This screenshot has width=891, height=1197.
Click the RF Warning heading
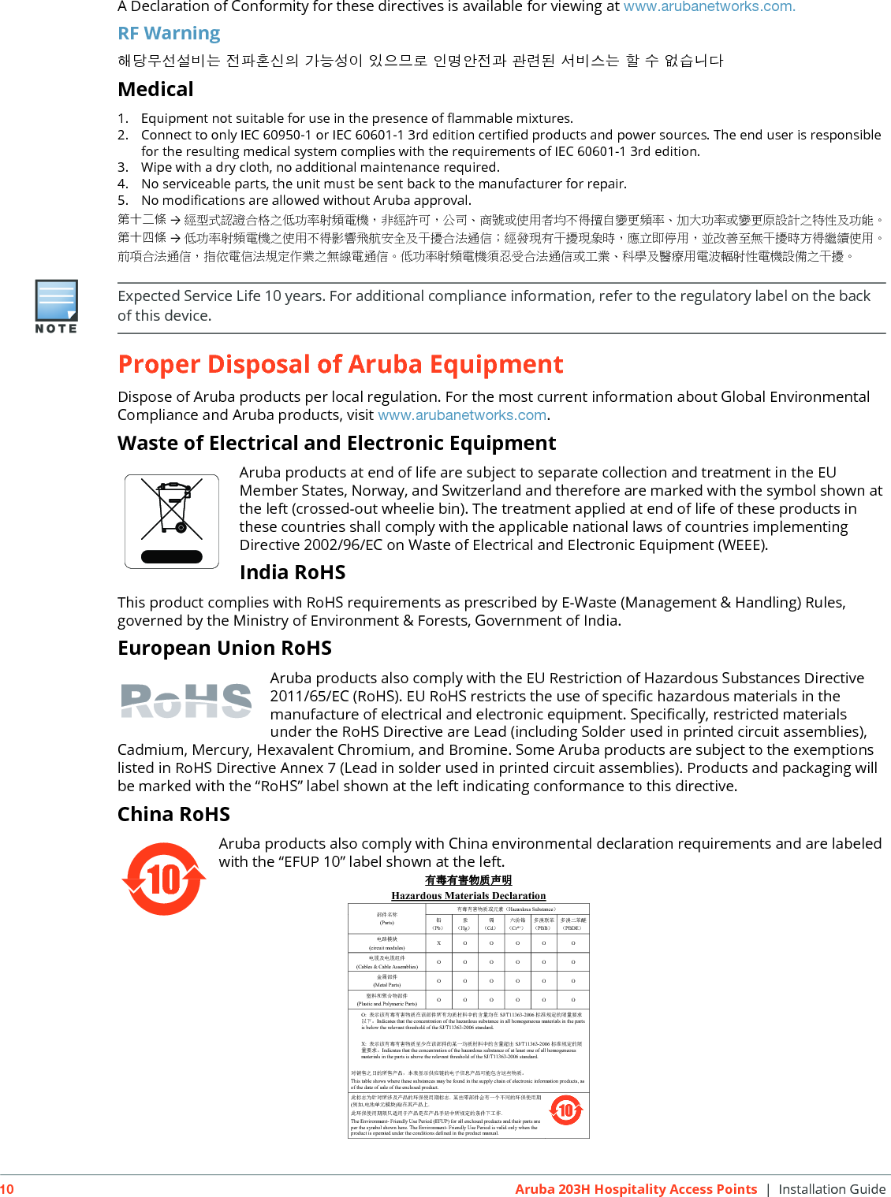click(x=169, y=33)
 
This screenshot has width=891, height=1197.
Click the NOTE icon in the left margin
click(x=56, y=306)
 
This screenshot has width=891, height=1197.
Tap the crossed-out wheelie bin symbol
click(x=172, y=521)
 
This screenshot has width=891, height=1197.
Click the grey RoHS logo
click(x=186, y=701)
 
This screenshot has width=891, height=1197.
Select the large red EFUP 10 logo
click(x=164, y=879)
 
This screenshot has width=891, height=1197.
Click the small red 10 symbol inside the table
click(x=565, y=1110)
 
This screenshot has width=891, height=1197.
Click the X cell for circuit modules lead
click(x=438, y=943)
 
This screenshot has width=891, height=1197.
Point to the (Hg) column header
click(x=465, y=924)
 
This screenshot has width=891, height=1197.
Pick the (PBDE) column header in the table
click(x=573, y=924)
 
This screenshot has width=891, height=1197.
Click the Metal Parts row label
click(x=387, y=981)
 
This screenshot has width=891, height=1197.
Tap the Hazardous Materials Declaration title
click(x=468, y=896)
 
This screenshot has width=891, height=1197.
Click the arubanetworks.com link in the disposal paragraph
click(x=462, y=415)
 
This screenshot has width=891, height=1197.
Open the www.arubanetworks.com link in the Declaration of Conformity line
click(x=709, y=7)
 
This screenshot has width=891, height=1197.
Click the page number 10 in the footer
click(x=7, y=1189)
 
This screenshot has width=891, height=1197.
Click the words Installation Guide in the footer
click(x=832, y=1189)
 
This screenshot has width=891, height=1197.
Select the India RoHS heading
click(x=293, y=572)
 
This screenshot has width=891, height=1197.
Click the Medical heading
click(x=155, y=89)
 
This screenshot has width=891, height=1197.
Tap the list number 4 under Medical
click(x=123, y=184)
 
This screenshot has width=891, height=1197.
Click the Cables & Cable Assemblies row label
click(x=387, y=962)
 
